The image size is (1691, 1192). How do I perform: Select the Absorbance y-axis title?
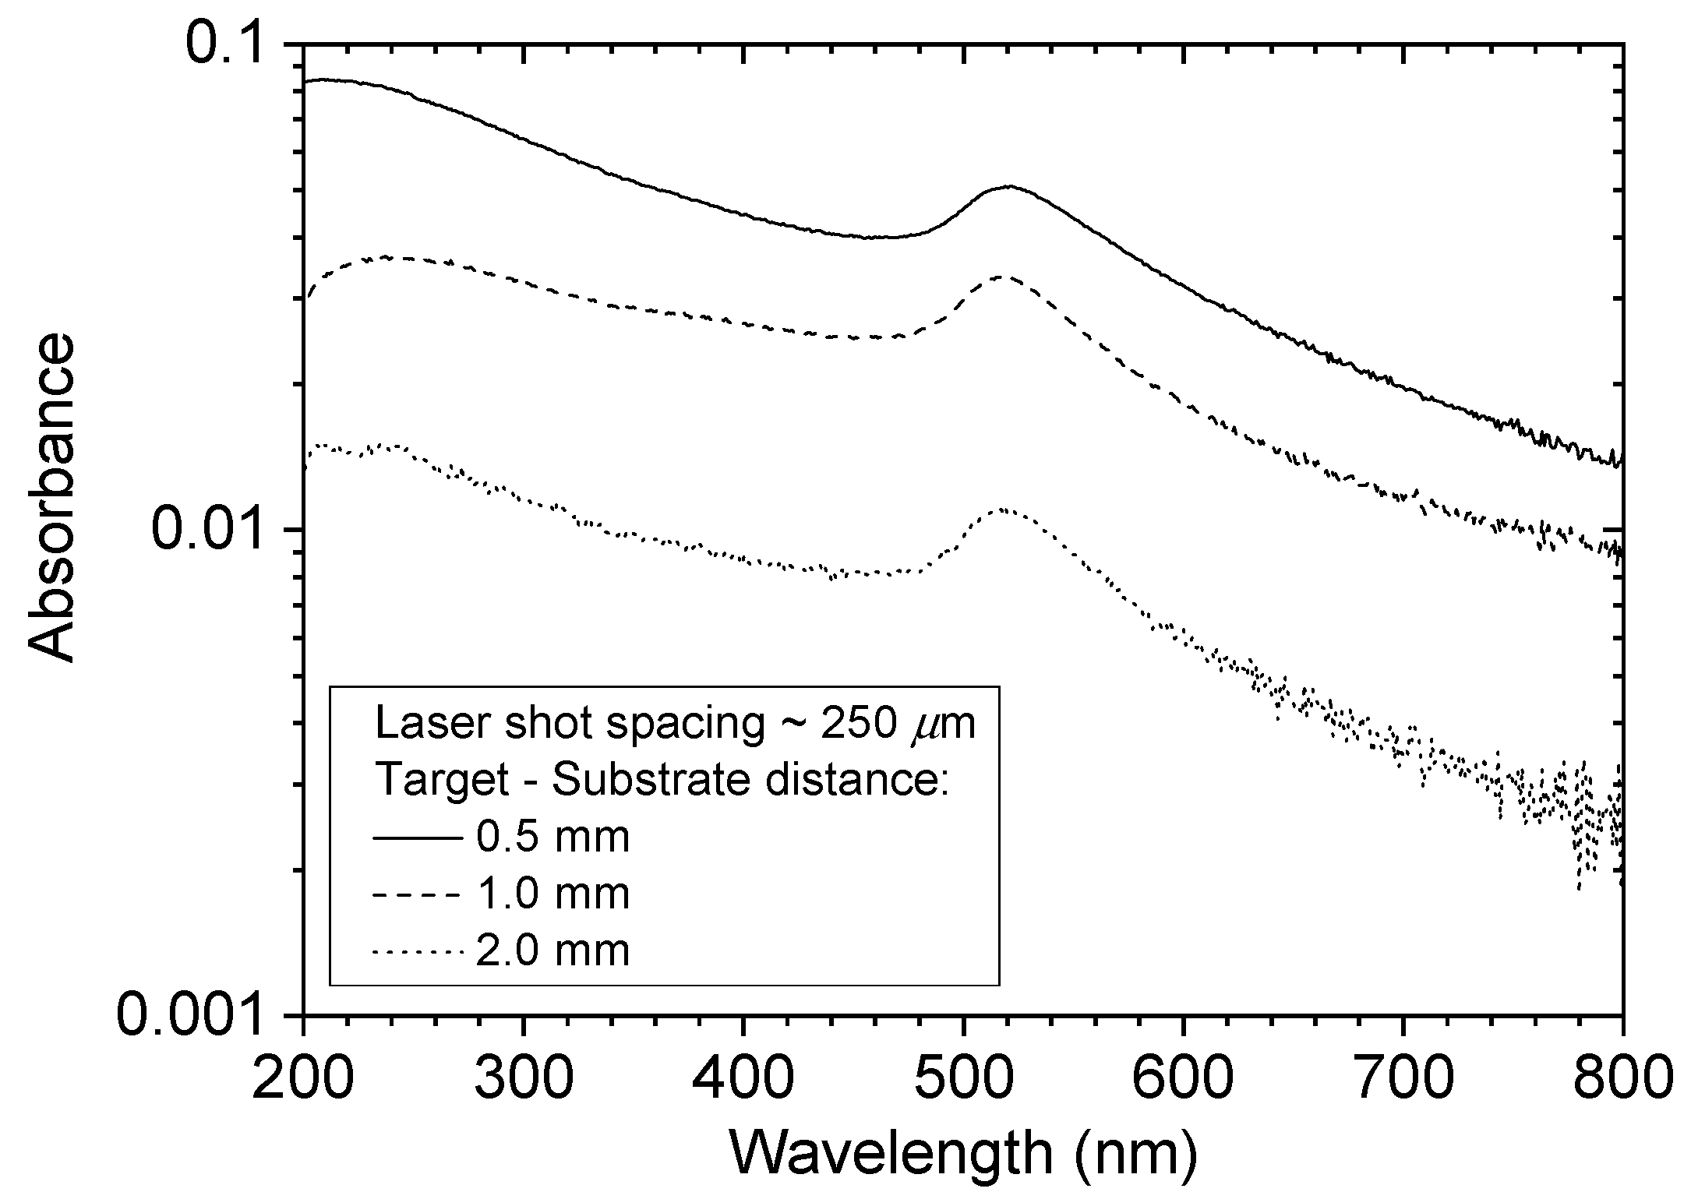53,499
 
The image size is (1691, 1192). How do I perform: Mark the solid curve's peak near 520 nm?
1010,186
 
